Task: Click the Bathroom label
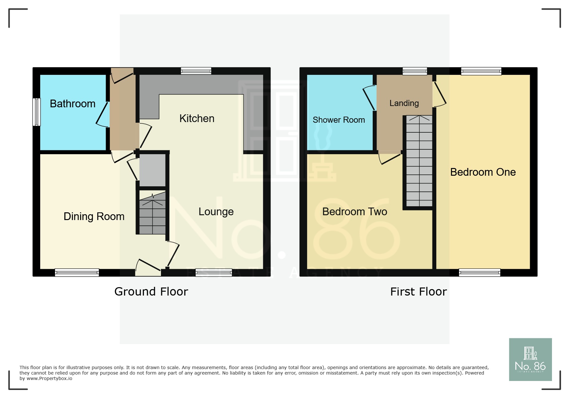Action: point(73,104)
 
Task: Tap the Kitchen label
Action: point(197,119)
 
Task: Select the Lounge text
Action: point(216,212)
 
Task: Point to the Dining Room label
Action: point(94,217)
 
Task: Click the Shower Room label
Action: point(339,120)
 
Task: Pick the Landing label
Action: point(404,103)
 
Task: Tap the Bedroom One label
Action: point(483,172)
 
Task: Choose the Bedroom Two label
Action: point(354,212)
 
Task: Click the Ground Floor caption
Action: point(151,292)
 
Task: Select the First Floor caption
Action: point(418,292)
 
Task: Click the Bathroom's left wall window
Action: point(37,112)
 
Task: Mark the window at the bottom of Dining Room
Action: point(77,273)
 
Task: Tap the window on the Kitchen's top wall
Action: point(196,71)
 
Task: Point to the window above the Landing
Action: point(415,71)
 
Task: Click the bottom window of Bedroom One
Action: point(479,273)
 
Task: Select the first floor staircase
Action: point(419,161)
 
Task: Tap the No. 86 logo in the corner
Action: point(530,359)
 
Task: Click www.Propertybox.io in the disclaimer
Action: point(49,379)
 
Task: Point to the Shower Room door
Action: point(369,98)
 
